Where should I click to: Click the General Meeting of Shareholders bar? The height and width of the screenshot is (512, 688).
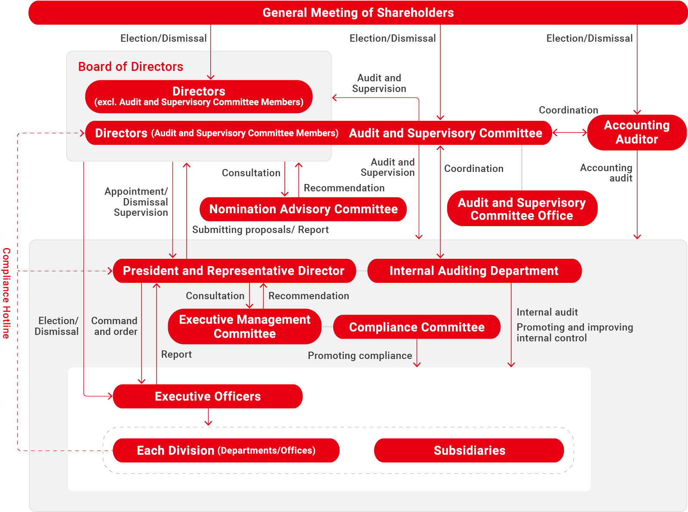point(358,13)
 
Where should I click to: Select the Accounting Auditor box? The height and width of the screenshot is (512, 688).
point(636,132)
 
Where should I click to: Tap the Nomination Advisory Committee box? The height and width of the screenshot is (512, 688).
point(303,209)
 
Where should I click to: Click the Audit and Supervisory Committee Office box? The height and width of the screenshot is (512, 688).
point(522,208)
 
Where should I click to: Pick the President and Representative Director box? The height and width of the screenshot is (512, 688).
point(234,271)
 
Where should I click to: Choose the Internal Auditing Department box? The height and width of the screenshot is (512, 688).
point(474,271)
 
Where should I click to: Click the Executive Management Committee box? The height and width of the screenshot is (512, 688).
point(244,327)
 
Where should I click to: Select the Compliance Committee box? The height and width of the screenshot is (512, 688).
point(417,327)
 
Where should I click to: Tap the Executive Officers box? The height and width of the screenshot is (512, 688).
point(208,396)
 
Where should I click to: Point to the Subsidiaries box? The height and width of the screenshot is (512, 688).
point(469,450)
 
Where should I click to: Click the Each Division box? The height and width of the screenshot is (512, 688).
point(226,450)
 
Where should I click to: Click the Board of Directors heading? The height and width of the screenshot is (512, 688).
point(131,67)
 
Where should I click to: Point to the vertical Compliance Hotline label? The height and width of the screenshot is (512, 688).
point(6,293)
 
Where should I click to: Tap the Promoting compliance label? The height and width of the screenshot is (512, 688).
point(360,356)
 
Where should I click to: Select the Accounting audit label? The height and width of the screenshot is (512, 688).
point(606,173)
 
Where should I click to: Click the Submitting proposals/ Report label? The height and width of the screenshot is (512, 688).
point(260,230)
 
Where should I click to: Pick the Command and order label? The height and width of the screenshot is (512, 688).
point(114,326)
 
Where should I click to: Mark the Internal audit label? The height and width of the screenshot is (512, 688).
point(547,312)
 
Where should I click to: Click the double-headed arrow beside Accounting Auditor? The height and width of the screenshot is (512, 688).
point(569,133)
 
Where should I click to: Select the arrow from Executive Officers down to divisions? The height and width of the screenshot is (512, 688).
point(208,417)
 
